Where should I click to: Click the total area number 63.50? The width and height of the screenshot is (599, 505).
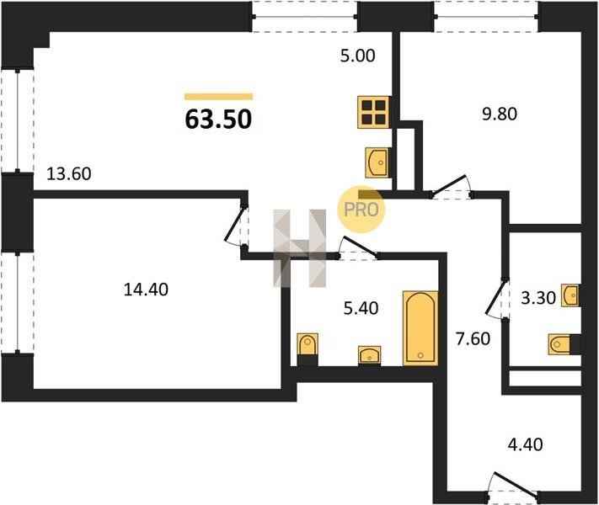click(218, 119)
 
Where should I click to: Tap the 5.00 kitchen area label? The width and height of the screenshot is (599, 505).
click(357, 56)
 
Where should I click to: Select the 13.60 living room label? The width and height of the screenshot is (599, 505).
click(69, 174)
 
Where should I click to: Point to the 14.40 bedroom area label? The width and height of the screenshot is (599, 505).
click(146, 290)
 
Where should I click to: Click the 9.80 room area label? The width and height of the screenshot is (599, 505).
click(500, 114)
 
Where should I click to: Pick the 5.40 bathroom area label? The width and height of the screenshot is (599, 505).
click(361, 308)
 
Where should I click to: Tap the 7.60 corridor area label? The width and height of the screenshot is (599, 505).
click(473, 338)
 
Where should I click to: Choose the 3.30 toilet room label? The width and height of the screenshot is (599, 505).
click(538, 298)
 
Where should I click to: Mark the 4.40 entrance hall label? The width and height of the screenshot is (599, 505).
click(525, 444)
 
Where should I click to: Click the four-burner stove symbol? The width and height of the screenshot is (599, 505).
click(374, 112)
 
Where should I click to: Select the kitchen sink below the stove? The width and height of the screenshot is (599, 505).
click(377, 162)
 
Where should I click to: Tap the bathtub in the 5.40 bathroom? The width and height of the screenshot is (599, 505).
click(420, 328)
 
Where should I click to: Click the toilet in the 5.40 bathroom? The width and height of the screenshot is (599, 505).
click(308, 348)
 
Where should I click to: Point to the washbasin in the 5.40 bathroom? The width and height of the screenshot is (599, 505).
click(369, 355)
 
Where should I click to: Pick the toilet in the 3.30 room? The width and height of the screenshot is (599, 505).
click(564, 344)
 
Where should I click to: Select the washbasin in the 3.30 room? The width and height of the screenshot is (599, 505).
click(570, 295)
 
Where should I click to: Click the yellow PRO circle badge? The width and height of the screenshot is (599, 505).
click(361, 210)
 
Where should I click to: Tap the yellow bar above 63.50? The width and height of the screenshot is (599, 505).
click(218, 96)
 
